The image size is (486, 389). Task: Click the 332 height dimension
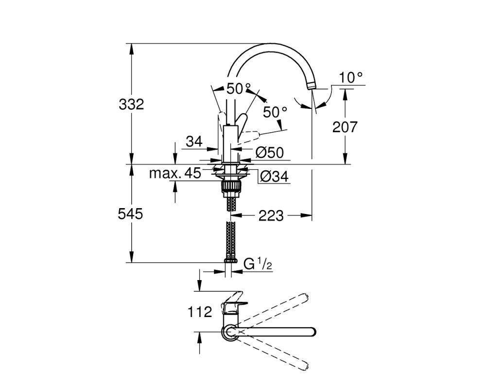coord(131,105)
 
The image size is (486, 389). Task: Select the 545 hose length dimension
coord(130,214)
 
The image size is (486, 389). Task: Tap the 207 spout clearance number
coord(345,127)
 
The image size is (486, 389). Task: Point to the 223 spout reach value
coord(271,216)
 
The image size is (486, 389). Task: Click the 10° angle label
coord(350,77)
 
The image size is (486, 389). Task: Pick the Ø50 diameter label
coord(270,153)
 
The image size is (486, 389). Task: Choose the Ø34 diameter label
coord(274,177)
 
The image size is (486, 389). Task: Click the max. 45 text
coord(175,174)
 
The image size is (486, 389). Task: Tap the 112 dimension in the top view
coord(200,312)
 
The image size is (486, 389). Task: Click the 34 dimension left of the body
coord(194,142)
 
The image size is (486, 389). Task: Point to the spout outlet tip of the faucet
coord(312,86)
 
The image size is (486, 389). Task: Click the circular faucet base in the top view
coord(229,332)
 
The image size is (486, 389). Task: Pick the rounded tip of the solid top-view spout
coord(312,332)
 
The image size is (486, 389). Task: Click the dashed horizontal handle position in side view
coord(250,136)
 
